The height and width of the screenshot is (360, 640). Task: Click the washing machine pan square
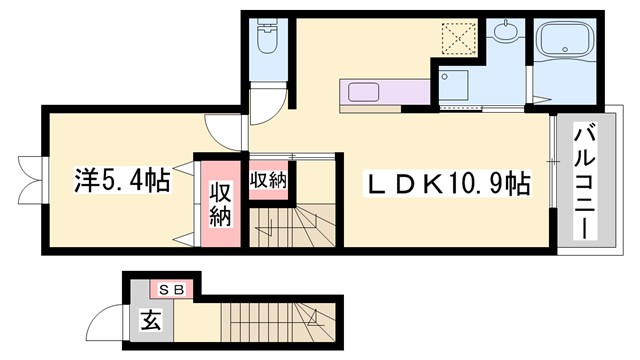457,87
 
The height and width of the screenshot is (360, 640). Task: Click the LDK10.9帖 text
445,184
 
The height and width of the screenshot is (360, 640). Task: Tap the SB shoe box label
171,290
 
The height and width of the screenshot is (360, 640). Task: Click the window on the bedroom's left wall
30,181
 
